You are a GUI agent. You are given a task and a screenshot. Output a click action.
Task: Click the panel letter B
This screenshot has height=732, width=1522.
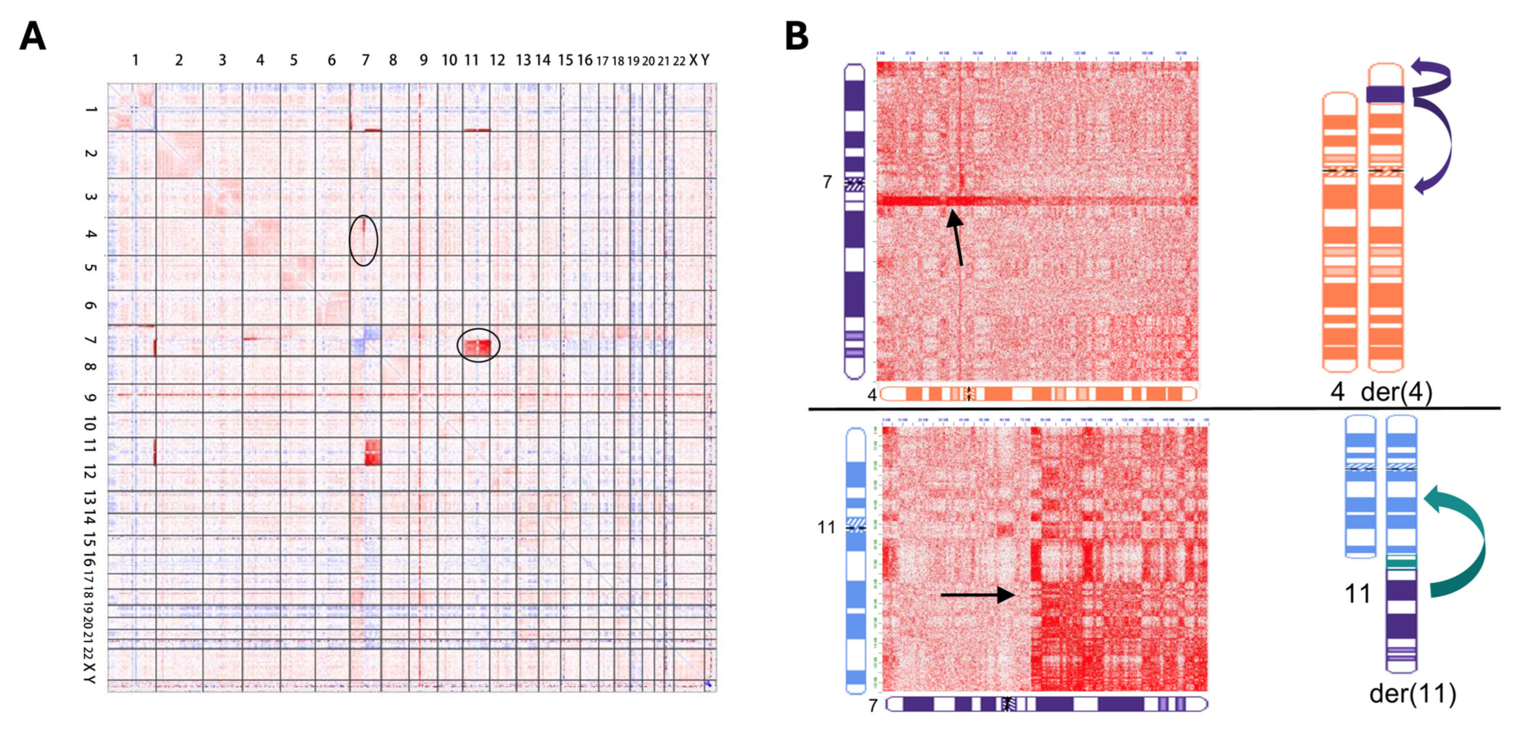pos(796,37)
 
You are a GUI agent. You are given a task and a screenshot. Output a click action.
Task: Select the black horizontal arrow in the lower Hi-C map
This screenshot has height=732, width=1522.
pos(978,594)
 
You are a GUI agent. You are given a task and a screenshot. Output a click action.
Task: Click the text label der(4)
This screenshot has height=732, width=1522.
pos(1396,392)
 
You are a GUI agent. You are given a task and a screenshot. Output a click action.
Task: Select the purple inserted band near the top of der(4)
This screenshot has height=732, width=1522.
pos(1385,94)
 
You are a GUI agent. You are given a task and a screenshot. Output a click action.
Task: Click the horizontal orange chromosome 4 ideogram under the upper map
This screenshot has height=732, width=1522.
pos(1038,394)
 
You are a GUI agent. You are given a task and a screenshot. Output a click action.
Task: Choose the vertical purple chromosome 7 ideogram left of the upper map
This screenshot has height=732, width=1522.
pos(854,221)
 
